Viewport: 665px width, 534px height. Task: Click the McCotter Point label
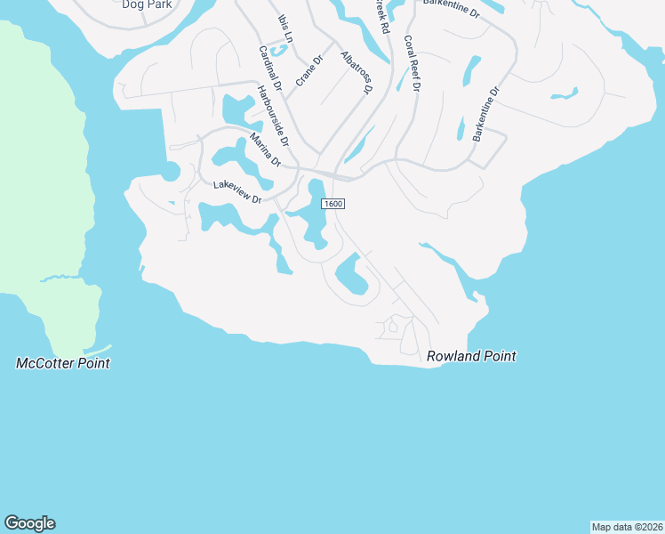(63, 363)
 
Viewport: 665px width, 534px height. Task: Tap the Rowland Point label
(471, 356)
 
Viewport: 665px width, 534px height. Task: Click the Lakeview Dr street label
(237, 192)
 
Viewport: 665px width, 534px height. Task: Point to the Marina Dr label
(265, 150)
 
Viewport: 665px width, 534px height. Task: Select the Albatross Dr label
(356, 72)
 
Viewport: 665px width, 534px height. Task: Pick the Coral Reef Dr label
(412, 64)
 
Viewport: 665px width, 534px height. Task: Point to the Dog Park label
(147, 4)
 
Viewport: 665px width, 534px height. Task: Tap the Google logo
(29, 523)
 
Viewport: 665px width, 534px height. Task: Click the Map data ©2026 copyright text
(627, 527)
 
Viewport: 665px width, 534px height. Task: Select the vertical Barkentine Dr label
(487, 114)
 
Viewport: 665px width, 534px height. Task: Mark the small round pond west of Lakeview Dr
(171, 172)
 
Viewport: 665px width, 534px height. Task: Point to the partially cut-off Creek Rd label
(381, 16)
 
